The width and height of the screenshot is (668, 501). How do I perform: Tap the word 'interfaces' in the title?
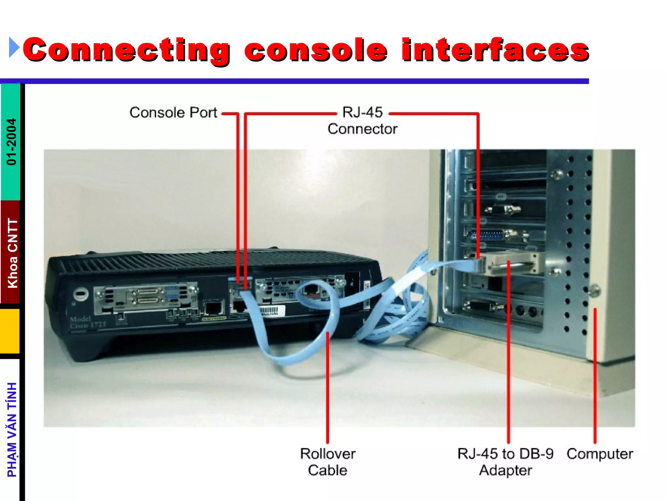tap(495, 50)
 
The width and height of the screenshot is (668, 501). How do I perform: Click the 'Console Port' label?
tap(173, 113)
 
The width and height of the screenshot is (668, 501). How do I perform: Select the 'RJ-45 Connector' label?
tap(362, 121)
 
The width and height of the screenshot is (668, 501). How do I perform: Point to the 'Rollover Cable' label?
tap(327, 462)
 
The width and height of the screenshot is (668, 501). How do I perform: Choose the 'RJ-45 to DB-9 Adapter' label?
tap(505, 462)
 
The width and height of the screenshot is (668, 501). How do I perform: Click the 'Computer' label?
tap(600, 454)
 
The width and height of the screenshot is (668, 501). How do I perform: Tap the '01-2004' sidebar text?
tap(11, 142)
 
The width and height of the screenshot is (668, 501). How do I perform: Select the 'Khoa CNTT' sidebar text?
tap(12, 253)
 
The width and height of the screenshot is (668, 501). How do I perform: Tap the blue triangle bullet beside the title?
tap(14, 48)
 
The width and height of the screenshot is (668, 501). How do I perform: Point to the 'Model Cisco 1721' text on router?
tap(87, 322)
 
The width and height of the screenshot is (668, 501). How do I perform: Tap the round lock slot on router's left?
tap(81, 294)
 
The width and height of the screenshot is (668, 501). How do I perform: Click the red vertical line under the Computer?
tap(595, 375)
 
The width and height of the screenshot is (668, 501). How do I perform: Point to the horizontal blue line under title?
tap(294, 81)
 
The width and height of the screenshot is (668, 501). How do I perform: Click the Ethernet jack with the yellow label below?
tap(214, 308)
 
